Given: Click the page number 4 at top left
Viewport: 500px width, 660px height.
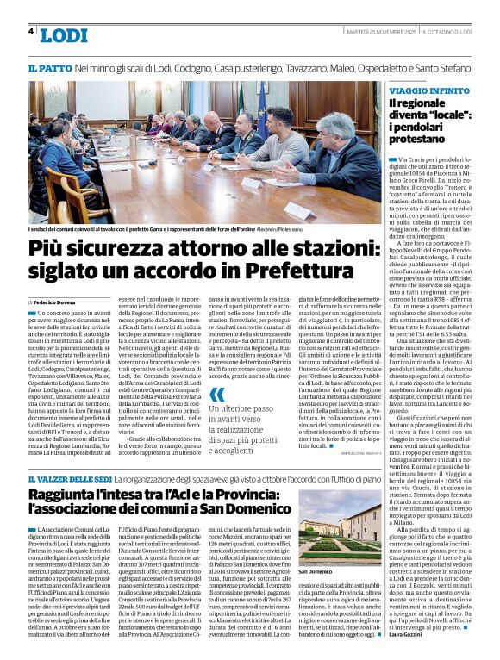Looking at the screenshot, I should pos(30,31).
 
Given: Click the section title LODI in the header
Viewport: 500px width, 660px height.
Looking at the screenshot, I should pos(64,35).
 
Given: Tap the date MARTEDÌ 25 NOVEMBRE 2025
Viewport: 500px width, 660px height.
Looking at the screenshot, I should pos(369,31).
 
